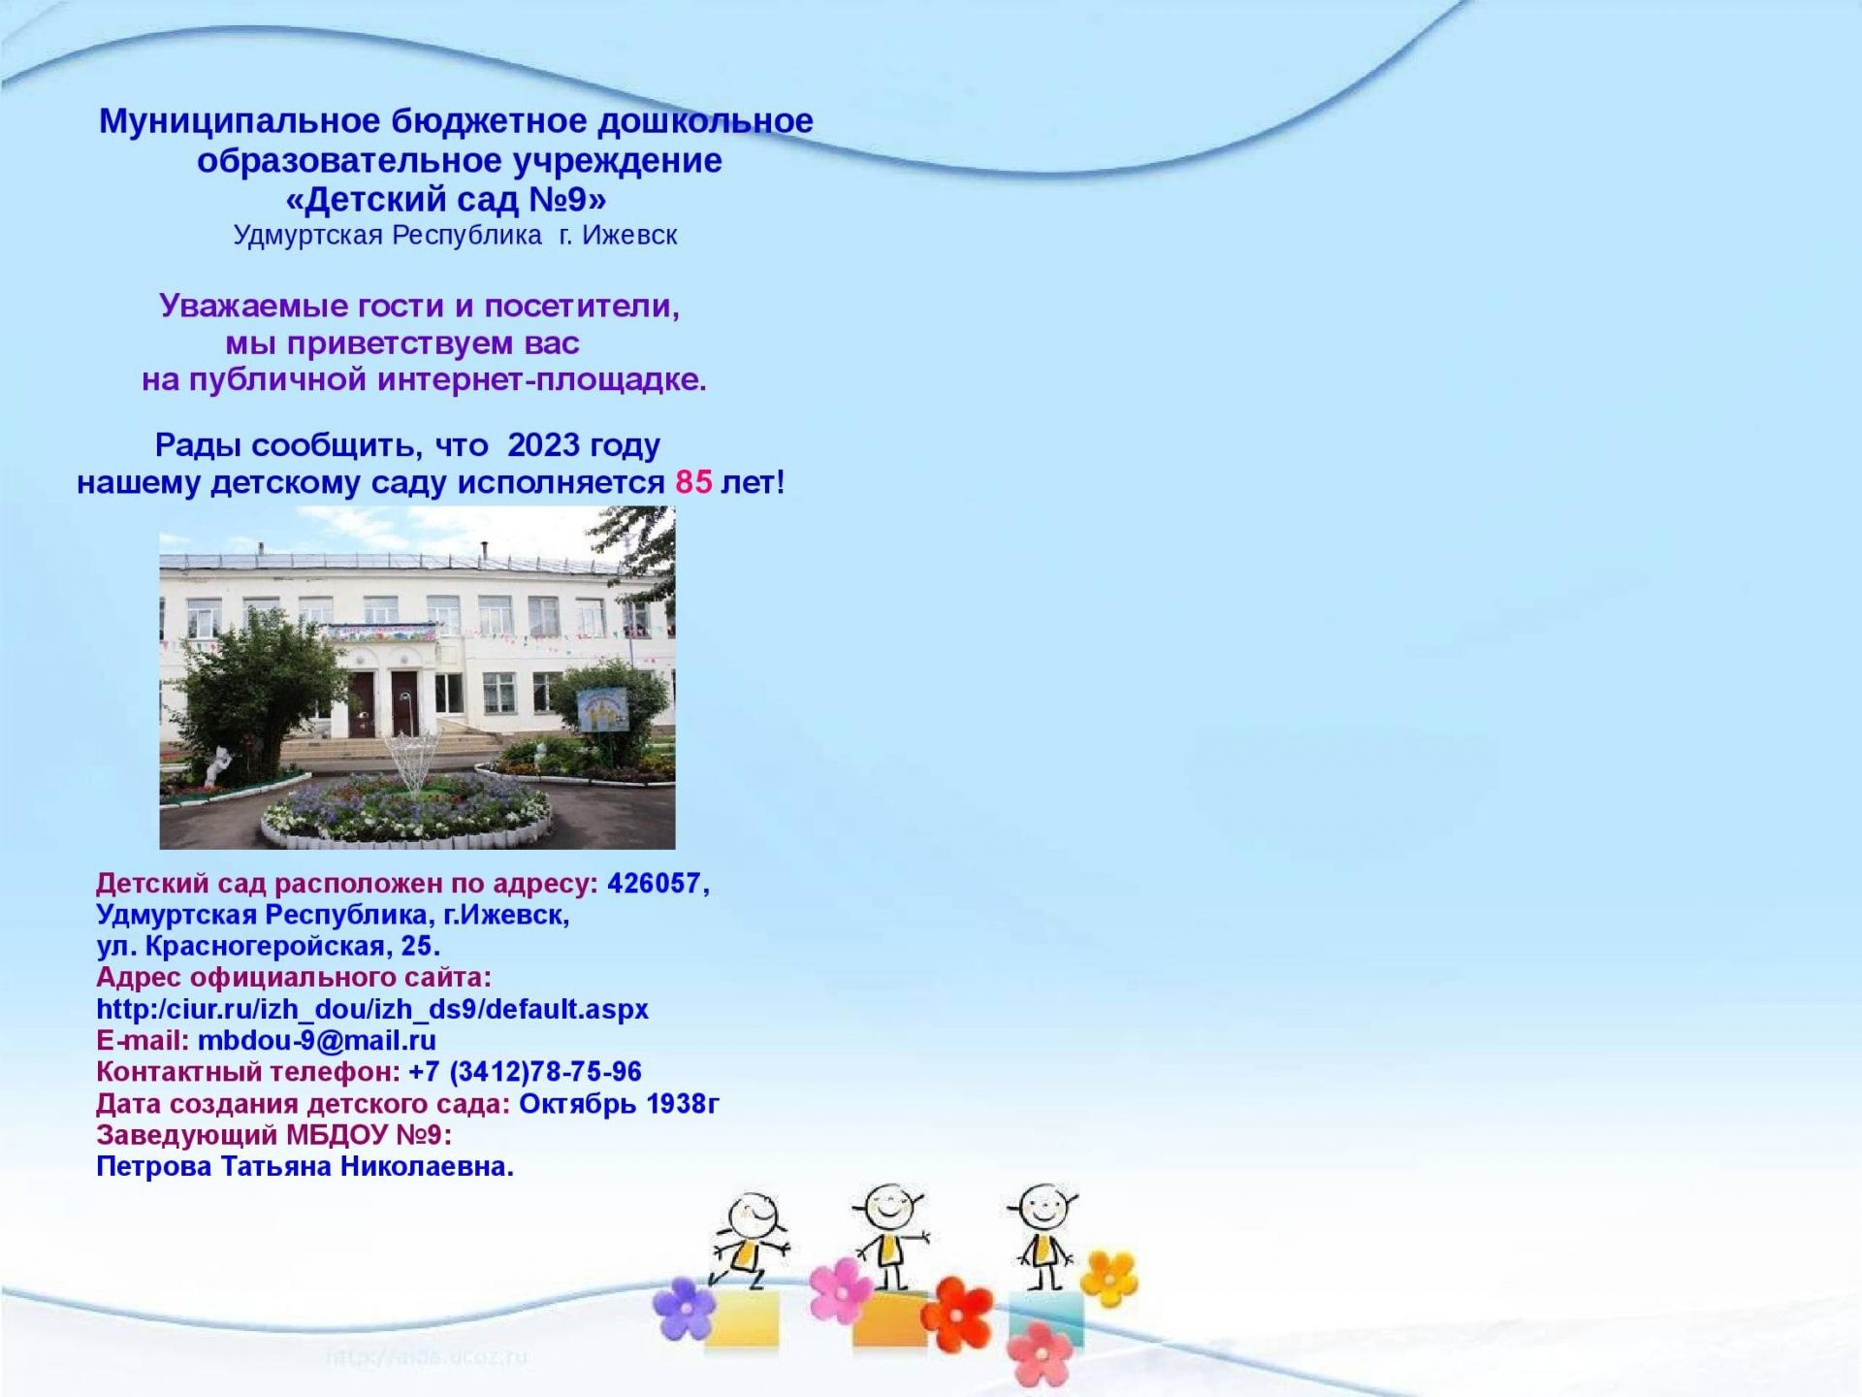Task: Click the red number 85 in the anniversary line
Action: [x=694, y=482]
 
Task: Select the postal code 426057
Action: [x=654, y=884]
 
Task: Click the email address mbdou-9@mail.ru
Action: [x=317, y=1041]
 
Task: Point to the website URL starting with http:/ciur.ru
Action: [x=372, y=1009]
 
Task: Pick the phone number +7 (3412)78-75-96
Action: [x=526, y=1072]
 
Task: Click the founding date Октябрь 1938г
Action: [x=620, y=1104]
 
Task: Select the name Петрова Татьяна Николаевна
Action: [x=305, y=1166]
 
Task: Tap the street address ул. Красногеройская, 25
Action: [x=268, y=946]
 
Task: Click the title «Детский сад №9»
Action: [x=446, y=199]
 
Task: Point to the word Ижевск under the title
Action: [x=630, y=235]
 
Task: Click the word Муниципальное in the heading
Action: [x=241, y=122]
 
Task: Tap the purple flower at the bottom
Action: [x=685, y=1307]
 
